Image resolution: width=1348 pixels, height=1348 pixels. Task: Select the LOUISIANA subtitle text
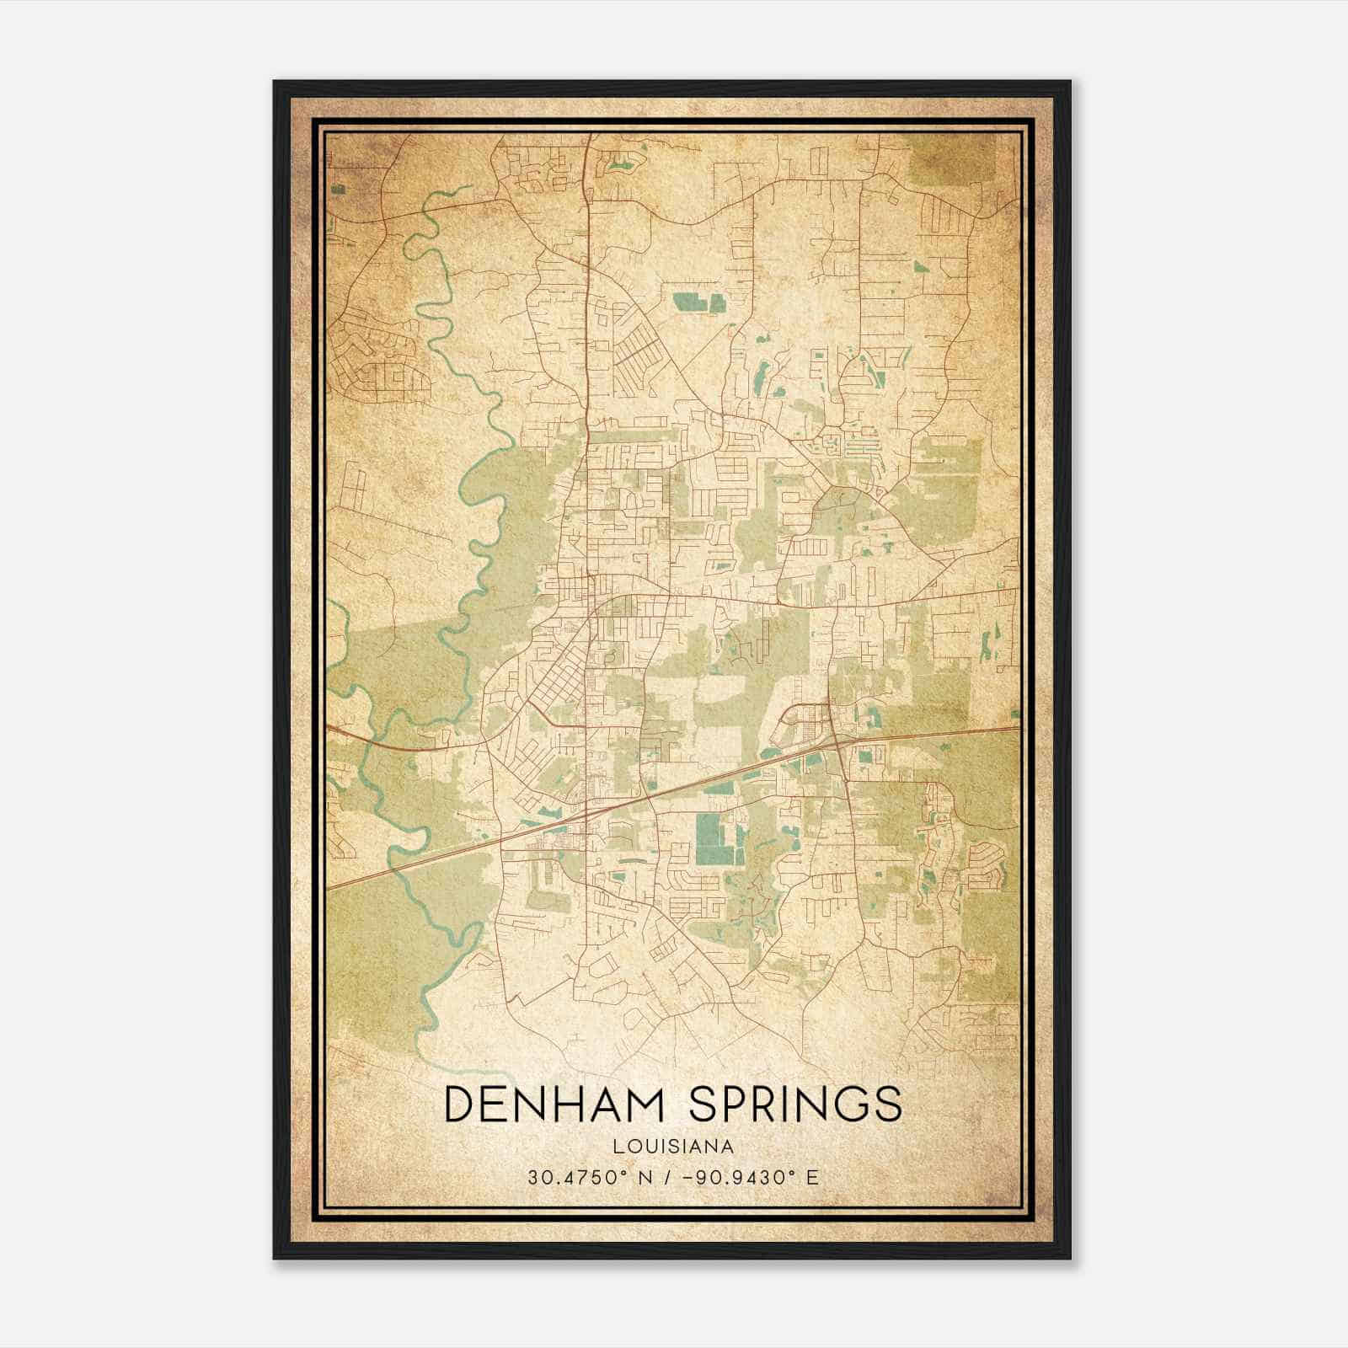tap(673, 1147)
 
